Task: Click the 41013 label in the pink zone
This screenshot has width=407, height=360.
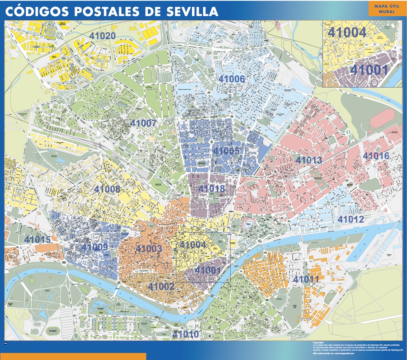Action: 309,160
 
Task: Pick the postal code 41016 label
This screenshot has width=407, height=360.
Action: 376,156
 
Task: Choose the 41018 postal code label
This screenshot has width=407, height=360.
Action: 212,188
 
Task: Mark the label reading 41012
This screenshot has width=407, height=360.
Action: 350,220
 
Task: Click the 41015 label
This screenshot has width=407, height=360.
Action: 38,239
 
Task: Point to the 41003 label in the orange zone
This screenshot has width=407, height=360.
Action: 148,248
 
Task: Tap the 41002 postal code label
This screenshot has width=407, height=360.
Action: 161,286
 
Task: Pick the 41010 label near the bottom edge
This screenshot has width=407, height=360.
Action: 185,334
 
